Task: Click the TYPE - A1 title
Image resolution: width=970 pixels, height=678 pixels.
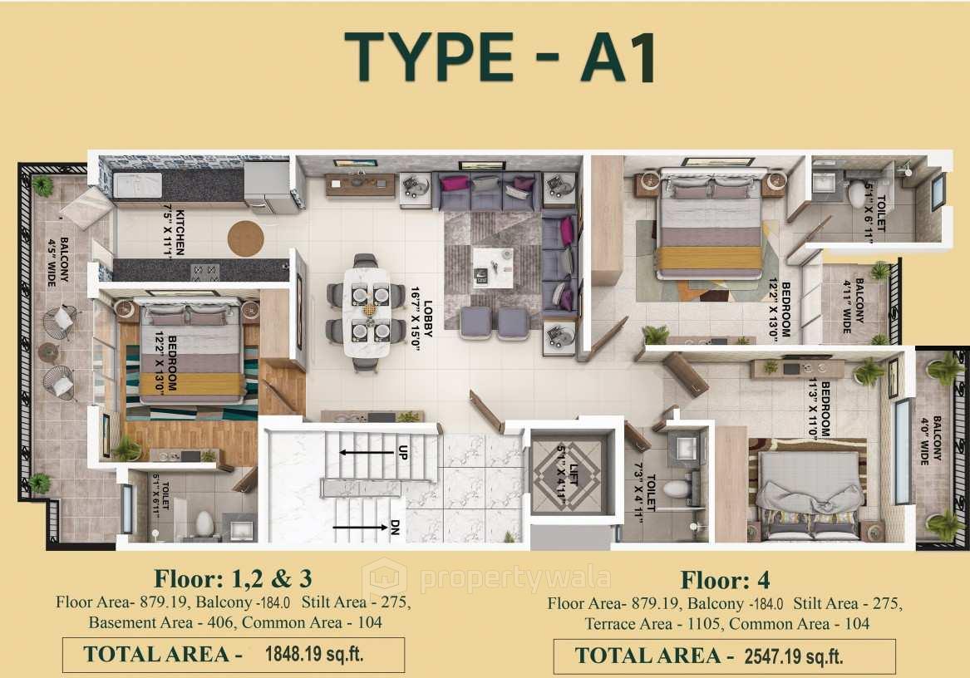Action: point(501,57)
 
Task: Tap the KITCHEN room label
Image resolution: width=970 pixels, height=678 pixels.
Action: point(178,233)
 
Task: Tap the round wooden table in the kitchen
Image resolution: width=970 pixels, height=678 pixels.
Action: point(245,238)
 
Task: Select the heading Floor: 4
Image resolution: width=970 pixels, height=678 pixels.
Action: point(725,580)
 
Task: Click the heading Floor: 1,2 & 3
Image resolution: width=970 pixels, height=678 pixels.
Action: point(233,577)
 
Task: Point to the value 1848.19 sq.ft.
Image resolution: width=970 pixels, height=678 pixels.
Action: point(313,654)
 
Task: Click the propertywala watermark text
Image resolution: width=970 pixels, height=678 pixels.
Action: point(515,578)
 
